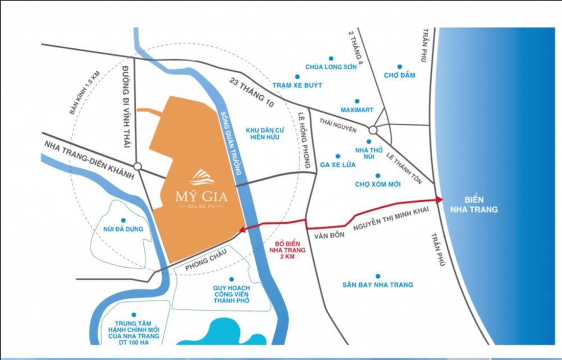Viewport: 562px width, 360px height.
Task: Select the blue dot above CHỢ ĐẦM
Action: [x=400, y=66]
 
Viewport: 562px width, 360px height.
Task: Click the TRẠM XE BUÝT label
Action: [x=297, y=85]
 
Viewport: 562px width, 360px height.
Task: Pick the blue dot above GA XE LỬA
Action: [x=338, y=156]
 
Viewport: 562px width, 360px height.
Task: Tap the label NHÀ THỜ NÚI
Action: [x=369, y=154]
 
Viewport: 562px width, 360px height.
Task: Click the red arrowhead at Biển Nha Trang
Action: [x=438, y=200]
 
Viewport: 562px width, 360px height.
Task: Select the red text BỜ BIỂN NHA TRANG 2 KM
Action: [x=284, y=247]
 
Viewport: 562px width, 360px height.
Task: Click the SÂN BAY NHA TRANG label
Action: [x=378, y=285]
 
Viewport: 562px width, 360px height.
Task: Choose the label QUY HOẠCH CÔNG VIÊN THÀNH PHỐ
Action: [x=231, y=295]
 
